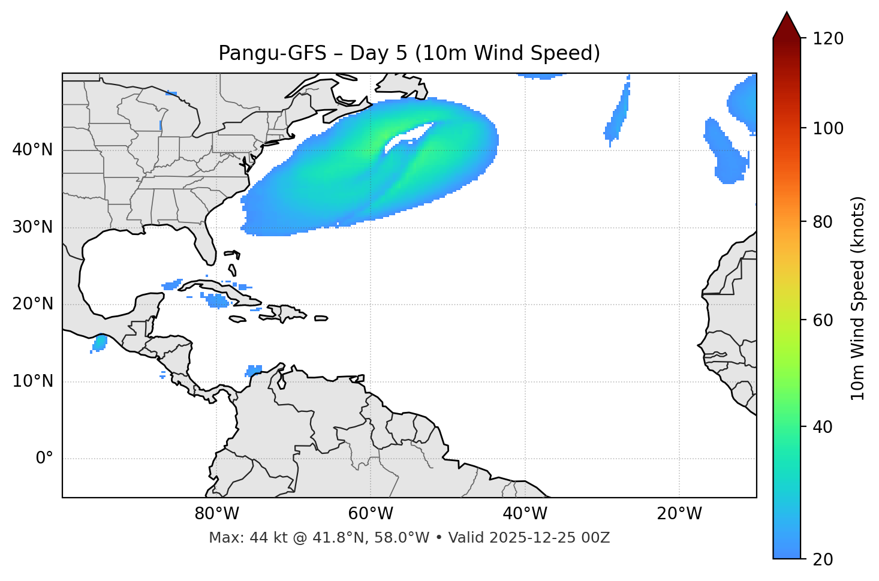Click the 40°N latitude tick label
[x=32, y=150]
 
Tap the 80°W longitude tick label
[x=216, y=514]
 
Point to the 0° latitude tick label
[x=44, y=459]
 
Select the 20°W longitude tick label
[x=679, y=514]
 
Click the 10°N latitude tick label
[x=32, y=381]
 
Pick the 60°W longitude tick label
[x=371, y=514]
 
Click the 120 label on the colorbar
[x=828, y=38]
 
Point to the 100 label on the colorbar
[x=828, y=128]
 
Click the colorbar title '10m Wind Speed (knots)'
[x=858, y=299]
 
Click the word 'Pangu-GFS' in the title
[x=272, y=53]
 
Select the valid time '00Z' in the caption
[x=595, y=538]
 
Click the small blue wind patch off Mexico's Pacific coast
[x=99, y=343]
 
